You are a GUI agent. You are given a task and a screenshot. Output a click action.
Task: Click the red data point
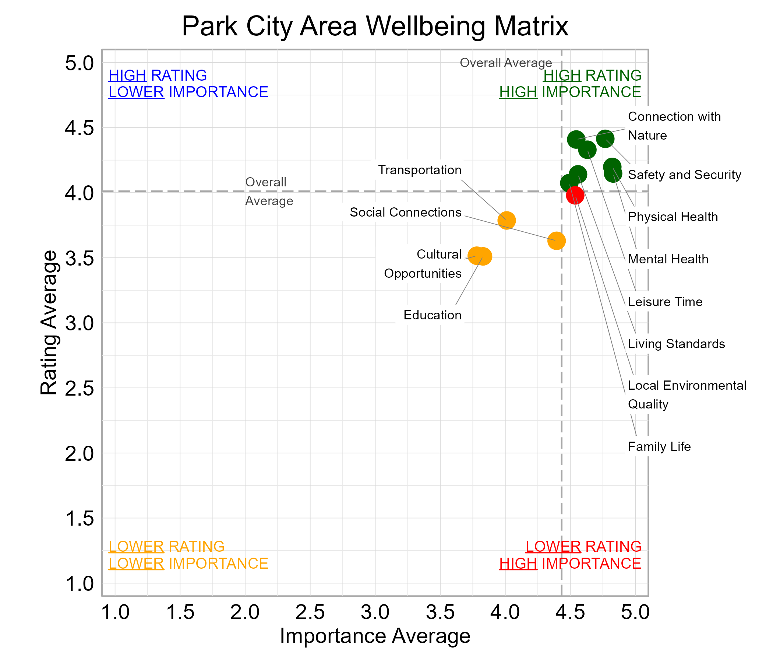(575, 195)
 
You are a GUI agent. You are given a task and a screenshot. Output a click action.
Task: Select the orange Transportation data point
(506, 220)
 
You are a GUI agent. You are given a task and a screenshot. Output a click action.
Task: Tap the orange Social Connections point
(556, 241)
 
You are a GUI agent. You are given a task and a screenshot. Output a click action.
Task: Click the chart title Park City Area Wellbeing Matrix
(375, 26)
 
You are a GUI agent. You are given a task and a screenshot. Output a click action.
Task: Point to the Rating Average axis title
(49, 323)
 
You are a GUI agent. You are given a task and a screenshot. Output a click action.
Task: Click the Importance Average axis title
(375, 636)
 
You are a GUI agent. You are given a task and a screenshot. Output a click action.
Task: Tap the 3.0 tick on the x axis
(375, 613)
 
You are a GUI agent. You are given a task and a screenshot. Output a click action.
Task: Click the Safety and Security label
(684, 175)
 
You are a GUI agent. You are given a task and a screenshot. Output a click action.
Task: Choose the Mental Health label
(668, 259)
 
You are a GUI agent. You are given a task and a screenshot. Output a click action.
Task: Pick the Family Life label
(659, 446)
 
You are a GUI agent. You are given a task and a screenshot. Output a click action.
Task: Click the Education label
(432, 315)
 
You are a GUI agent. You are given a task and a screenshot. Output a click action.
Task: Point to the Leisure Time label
(665, 302)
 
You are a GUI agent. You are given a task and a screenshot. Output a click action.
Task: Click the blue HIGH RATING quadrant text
(158, 76)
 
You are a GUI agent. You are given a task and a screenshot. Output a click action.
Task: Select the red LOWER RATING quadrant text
(583, 547)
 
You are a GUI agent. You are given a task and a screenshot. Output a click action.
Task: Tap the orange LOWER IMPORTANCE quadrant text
(188, 563)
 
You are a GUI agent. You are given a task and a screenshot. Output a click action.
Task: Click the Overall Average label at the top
(505, 63)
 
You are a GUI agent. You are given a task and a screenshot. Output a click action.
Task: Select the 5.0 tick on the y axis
(80, 63)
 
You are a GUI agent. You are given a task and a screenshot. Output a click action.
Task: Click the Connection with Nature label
(674, 126)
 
